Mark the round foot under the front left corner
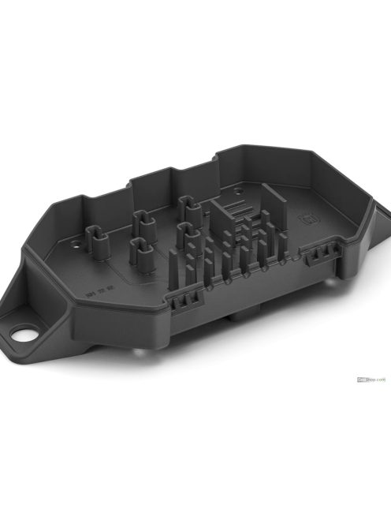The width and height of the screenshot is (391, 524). pos(138,357)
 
